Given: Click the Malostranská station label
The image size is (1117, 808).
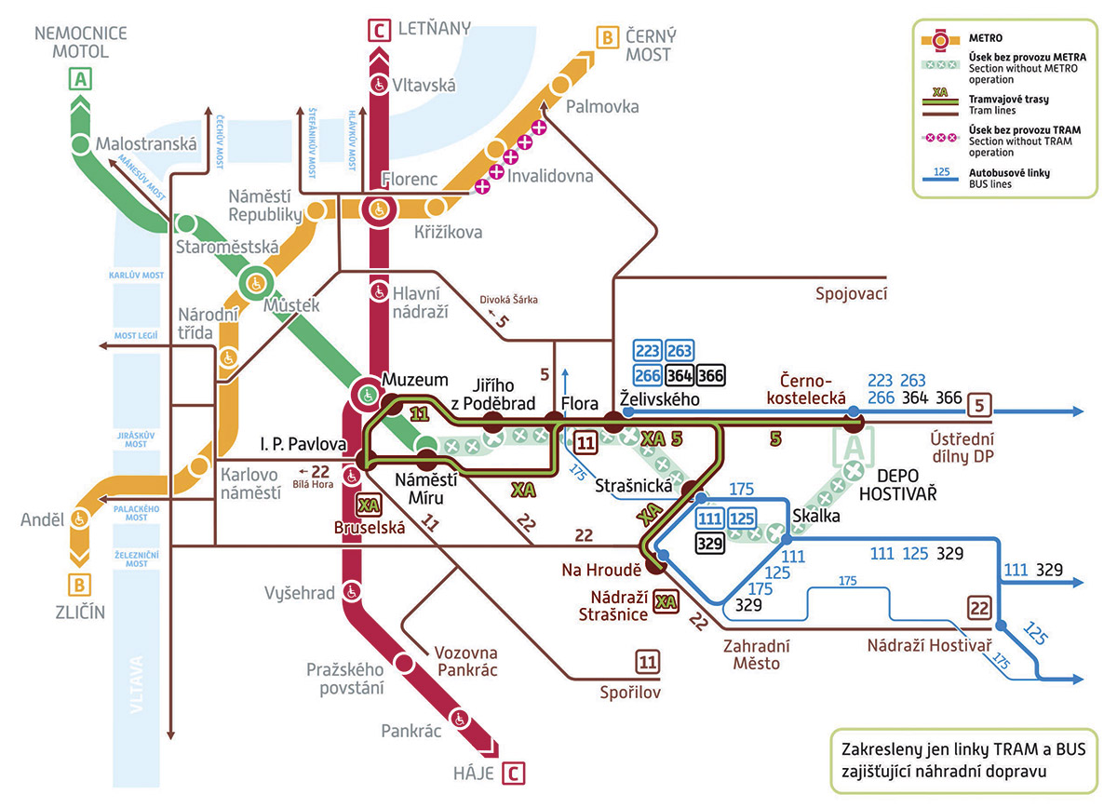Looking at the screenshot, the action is [x=146, y=144].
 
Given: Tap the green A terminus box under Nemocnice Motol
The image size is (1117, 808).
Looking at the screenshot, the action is [x=80, y=79].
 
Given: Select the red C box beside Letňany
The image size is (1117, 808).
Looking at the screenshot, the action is [x=379, y=31].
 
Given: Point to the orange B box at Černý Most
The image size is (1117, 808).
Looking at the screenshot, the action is [x=607, y=38].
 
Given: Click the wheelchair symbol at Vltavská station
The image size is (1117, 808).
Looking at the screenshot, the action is [x=379, y=85].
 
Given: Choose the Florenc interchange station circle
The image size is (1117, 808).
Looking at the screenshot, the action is [x=379, y=209].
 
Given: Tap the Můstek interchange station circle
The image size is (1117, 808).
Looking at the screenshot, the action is [x=256, y=284].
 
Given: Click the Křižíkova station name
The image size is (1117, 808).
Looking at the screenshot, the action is [x=449, y=232].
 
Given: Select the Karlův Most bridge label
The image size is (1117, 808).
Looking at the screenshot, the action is [x=136, y=276].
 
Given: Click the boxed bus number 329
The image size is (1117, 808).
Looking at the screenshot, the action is [x=709, y=543].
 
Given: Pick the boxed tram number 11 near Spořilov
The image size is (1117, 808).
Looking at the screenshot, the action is [x=647, y=662].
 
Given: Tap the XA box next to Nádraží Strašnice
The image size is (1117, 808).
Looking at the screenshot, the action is [x=666, y=602].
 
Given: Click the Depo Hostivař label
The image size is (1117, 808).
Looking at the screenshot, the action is [x=897, y=485].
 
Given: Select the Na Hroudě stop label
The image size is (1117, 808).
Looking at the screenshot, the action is [x=601, y=570].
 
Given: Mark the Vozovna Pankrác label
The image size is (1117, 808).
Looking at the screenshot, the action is [x=465, y=661].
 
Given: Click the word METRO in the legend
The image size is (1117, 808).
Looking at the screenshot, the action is [x=986, y=38].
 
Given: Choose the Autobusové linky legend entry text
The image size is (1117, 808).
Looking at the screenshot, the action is [x=1009, y=179].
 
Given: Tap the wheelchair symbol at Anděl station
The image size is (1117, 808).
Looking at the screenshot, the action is [x=79, y=518].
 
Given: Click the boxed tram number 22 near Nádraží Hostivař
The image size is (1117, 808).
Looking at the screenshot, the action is [x=979, y=608].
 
